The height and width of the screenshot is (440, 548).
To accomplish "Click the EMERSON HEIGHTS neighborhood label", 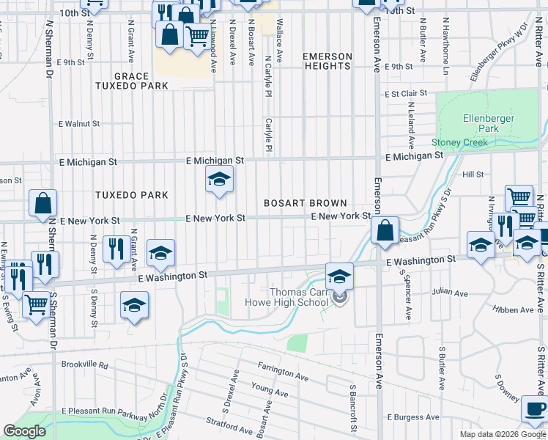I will [x=327, y=61].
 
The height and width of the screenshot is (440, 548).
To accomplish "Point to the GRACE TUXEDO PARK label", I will [x=131, y=81].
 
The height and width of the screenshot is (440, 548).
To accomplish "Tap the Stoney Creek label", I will [x=459, y=142].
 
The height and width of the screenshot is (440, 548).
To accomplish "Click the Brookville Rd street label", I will [x=85, y=364].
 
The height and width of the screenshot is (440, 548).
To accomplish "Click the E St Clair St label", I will [x=407, y=93].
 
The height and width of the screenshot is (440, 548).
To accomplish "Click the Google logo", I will [x=24, y=432].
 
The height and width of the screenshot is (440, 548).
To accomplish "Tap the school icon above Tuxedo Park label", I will [x=218, y=179].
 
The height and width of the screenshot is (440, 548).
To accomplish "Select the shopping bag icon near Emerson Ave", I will [x=385, y=230].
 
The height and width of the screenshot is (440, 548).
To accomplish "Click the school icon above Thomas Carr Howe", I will [x=339, y=276].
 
